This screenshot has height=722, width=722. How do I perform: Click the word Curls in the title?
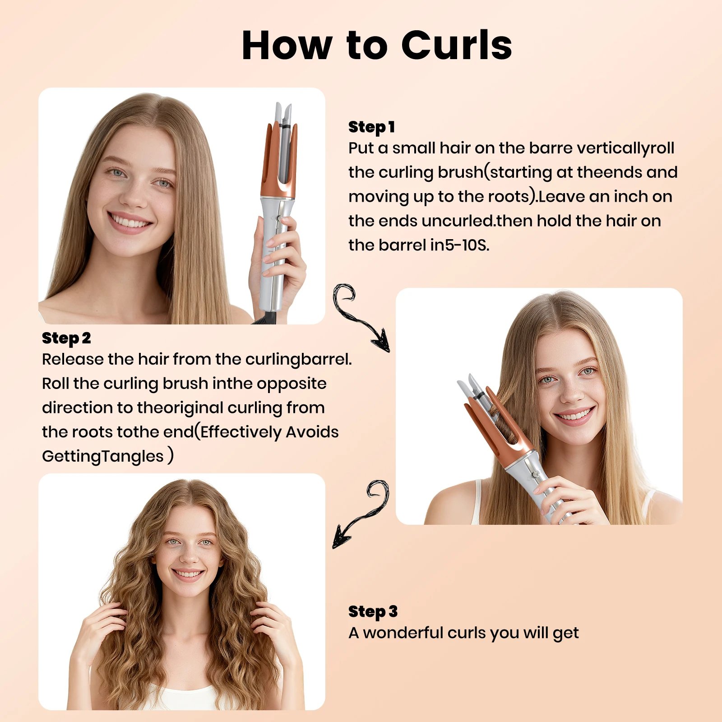click(457, 45)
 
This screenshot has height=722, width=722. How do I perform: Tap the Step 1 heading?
click(371, 127)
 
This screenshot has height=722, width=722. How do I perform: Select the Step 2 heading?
click(66, 338)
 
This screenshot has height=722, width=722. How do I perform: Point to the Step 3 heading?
click(373, 611)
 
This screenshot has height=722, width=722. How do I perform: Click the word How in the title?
click(287, 45)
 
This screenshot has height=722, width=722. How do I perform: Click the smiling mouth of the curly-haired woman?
click(188, 574)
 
